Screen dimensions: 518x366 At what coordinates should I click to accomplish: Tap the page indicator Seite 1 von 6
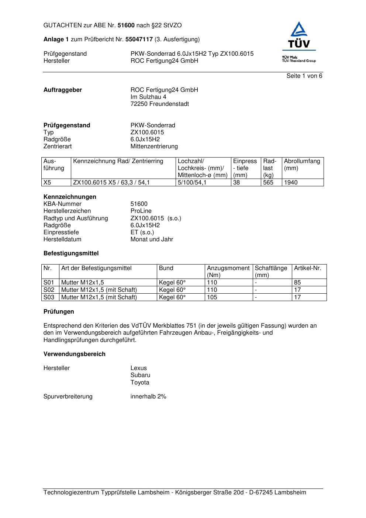click(x=304, y=76)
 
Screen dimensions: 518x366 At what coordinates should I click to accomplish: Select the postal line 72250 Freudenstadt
click(x=159, y=104)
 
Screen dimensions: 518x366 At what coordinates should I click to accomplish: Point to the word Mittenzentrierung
click(x=154, y=146)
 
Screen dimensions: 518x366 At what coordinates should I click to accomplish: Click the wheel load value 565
click(x=268, y=183)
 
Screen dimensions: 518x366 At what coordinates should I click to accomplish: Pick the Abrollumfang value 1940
click(x=291, y=183)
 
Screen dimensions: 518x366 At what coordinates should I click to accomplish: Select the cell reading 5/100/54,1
click(x=192, y=183)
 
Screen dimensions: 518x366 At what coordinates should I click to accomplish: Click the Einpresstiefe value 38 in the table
click(x=236, y=183)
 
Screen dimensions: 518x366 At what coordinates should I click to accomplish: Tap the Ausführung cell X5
click(x=47, y=183)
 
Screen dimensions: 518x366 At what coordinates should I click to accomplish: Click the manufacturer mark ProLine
click(x=141, y=211)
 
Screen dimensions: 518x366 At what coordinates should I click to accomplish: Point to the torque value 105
click(x=212, y=297)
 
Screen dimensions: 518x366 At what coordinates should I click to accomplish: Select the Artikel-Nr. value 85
click(x=297, y=283)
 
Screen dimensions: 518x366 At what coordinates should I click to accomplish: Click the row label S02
click(x=49, y=290)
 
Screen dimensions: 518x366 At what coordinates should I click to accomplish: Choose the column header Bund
click(x=166, y=268)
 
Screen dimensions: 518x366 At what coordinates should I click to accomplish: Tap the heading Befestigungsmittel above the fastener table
click(x=71, y=253)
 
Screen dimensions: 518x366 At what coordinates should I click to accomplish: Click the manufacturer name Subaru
click(x=140, y=375)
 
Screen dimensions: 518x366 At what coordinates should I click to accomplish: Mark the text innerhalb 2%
click(x=148, y=397)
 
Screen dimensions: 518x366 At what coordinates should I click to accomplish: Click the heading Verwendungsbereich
click(x=74, y=354)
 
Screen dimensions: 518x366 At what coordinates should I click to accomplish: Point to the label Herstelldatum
click(x=62, y=239)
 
